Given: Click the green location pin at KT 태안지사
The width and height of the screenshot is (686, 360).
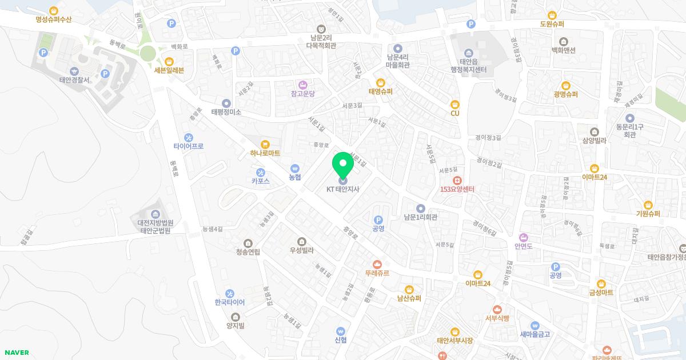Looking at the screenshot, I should [x=343, y=164].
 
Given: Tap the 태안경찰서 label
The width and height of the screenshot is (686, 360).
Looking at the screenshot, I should [x=74, y=80].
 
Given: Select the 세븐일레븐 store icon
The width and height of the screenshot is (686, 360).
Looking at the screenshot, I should [x=169, y=61].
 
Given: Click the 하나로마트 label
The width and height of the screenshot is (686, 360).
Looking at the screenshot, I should [x=265, y=153].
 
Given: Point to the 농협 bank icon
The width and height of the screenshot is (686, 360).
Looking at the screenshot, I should [x=295, y=169].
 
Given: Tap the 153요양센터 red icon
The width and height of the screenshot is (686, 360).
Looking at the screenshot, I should [x=457, y=180].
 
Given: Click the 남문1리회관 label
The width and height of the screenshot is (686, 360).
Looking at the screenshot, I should [x=420, y=217].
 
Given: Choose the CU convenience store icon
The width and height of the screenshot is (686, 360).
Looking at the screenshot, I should [x=455, y=104].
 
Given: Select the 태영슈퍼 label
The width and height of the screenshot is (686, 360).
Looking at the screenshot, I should [x=380, y=91].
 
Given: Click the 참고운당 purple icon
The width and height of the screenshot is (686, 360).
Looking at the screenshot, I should [x=303, y=84].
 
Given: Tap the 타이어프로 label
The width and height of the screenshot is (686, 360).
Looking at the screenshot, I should [x=189, y=146].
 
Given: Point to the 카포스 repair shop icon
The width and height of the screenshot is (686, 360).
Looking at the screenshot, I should [x=261, y=172].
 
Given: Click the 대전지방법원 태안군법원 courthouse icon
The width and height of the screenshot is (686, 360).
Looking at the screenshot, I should [x=155, y=214].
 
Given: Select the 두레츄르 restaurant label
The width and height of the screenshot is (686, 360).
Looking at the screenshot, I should [x=377, y=273].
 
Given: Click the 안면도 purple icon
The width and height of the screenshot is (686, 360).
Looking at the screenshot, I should [x=523, y=237].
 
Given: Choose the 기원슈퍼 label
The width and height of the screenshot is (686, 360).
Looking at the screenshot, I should [x=648, y=214].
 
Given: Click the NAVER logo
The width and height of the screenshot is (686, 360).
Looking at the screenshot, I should [x=16, y=353].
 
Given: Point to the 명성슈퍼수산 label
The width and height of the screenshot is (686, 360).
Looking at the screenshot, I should [x=53, y=19].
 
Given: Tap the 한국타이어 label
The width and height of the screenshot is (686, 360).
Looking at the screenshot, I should [x=229, y=302].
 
